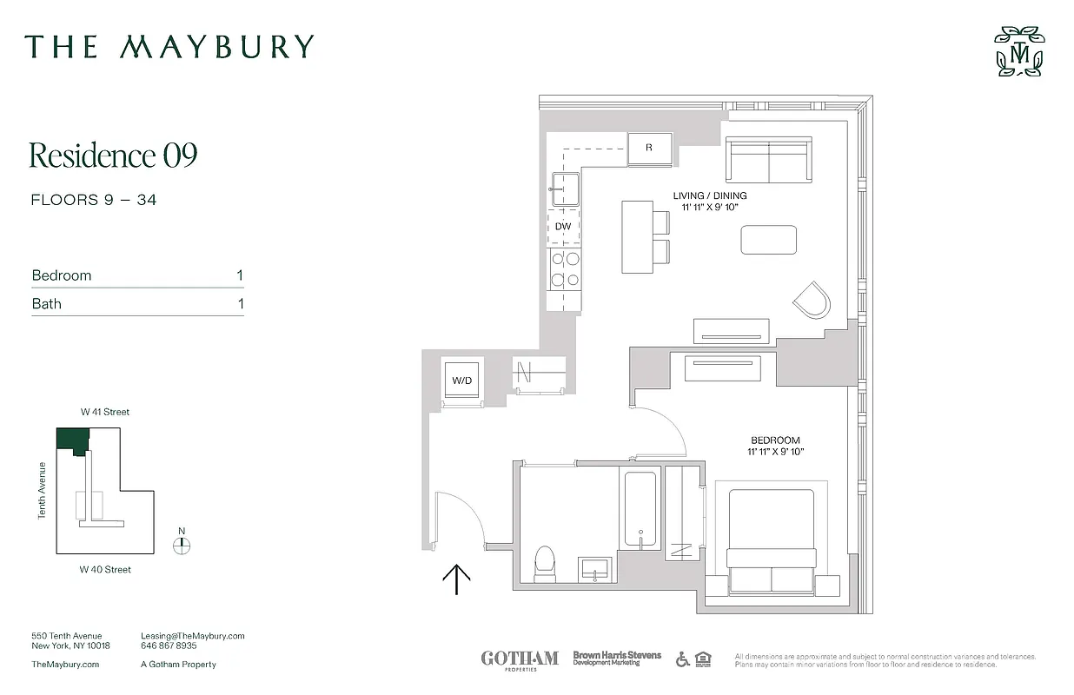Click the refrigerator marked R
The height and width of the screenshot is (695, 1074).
[649, 148]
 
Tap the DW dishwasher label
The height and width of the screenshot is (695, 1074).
[563, 227]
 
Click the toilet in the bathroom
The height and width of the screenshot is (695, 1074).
[545, 563]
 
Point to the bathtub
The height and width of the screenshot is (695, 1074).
[640, 509]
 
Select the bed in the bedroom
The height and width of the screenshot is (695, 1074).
[771, 542]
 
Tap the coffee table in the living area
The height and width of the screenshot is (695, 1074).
[768, 240]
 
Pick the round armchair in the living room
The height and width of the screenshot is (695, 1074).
[812, 301]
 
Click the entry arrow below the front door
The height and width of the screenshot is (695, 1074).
[457, 579]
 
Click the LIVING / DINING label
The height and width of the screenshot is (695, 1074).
[710, 195]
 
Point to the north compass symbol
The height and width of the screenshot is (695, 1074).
[182, 545]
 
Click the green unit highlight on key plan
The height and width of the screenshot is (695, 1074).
[72, 440]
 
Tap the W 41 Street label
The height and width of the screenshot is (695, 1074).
[104, 412]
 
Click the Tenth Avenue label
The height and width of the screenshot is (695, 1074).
[42, 491]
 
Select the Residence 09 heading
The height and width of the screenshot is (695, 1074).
[114, 156]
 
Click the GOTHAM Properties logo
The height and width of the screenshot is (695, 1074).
[520, 659]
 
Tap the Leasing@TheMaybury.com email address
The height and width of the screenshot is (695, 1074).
[192, 636]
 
